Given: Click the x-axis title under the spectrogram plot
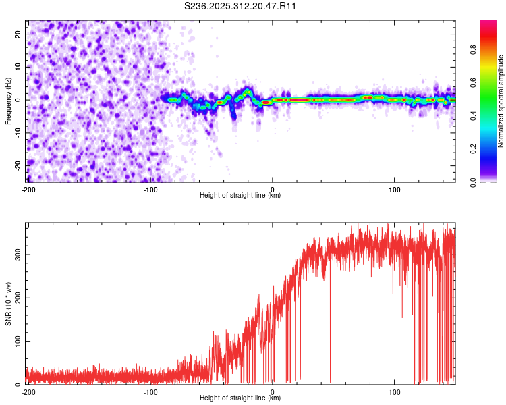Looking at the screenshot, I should click(x=240, y=196).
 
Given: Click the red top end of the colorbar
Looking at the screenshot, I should click(x=488, y=24).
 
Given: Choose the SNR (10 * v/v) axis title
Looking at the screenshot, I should click(x=8, y=304).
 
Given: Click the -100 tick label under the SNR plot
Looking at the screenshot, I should click(x=150, y=392).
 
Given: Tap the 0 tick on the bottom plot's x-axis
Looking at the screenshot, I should click(x=273, y=392).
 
